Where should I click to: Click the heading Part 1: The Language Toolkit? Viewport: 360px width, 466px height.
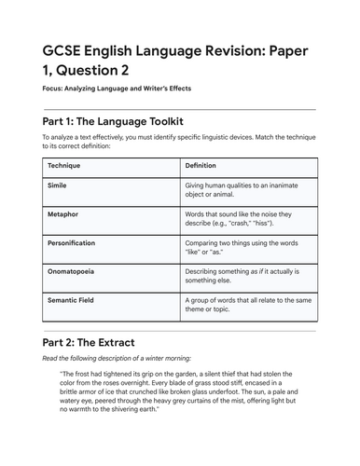(x=115, y=121)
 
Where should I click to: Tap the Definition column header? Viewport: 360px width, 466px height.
(x=201, y=165)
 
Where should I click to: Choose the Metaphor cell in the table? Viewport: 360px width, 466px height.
(x=62, y=214)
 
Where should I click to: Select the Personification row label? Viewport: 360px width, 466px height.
(x=72, y=242)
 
